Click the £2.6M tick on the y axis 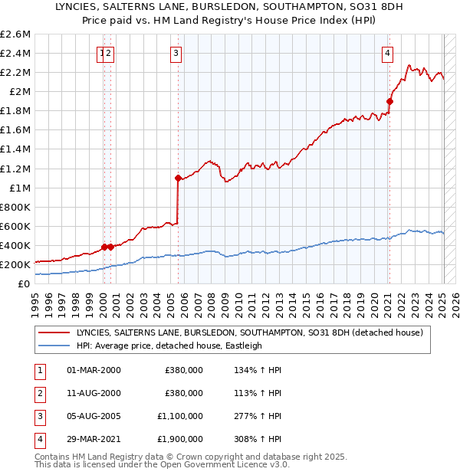(x=15, y=34)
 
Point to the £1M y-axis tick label (x=20, y=188)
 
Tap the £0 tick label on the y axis (x=25, y=283)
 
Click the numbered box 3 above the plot (x=176, y=53)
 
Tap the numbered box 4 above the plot (x=388, y=53)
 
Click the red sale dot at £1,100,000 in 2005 (x=178, y=178)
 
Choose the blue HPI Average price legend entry (x=169, y=346)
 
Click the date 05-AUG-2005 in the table (x=94, y=416)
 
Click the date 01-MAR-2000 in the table (x=94, y=370)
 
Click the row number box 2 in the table (x=38, y=393)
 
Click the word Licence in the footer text (x=248, y=464)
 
